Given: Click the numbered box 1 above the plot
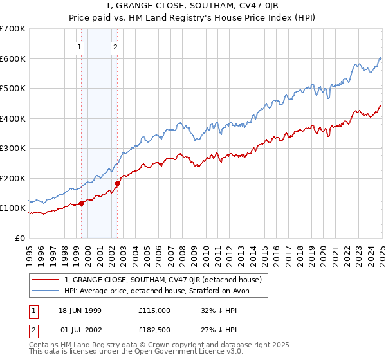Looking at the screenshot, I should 79,46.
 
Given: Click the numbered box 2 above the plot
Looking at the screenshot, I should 115,46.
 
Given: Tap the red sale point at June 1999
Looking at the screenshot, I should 82,204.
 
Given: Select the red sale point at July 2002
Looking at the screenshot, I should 118,184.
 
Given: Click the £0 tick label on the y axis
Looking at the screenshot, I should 20,238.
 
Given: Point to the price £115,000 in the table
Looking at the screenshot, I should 154,310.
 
